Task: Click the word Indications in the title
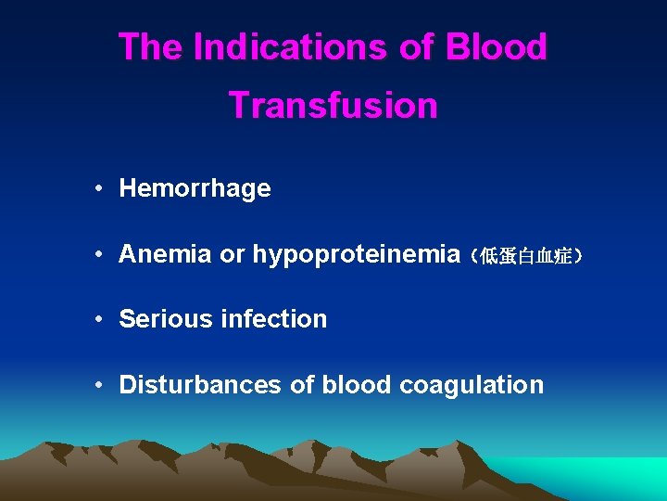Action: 291,47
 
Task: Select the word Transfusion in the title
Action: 333,105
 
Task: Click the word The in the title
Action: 151,47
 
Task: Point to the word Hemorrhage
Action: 195,189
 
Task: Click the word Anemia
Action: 165,254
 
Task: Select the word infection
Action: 274,319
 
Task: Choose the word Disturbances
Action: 200,384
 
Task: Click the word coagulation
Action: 472,385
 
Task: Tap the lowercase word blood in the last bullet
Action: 357,384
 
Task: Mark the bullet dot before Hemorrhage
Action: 98,190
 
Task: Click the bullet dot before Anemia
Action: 98,255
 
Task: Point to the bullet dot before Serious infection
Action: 98,320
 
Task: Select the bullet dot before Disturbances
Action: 98,385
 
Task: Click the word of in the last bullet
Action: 302,384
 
